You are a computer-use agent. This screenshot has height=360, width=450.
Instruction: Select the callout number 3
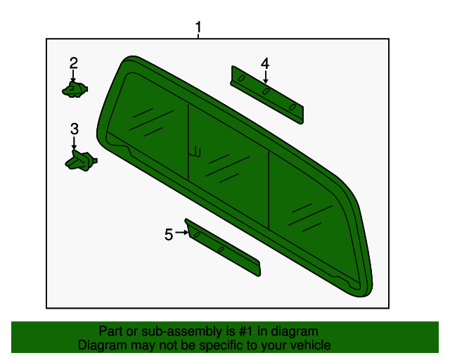click(74, 129)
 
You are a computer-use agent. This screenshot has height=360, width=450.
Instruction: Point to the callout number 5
click(169, 235)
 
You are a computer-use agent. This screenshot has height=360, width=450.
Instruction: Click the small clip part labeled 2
click(75, 89)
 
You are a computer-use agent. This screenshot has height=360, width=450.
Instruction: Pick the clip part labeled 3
click(79, 160)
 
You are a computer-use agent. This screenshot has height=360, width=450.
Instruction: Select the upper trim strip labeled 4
click(267, 94)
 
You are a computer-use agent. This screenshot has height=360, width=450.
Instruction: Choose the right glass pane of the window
click(309, 211)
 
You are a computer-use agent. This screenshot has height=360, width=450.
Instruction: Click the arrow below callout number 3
click(74, 143)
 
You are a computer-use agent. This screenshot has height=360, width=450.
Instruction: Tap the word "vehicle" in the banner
click(309, 345)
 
